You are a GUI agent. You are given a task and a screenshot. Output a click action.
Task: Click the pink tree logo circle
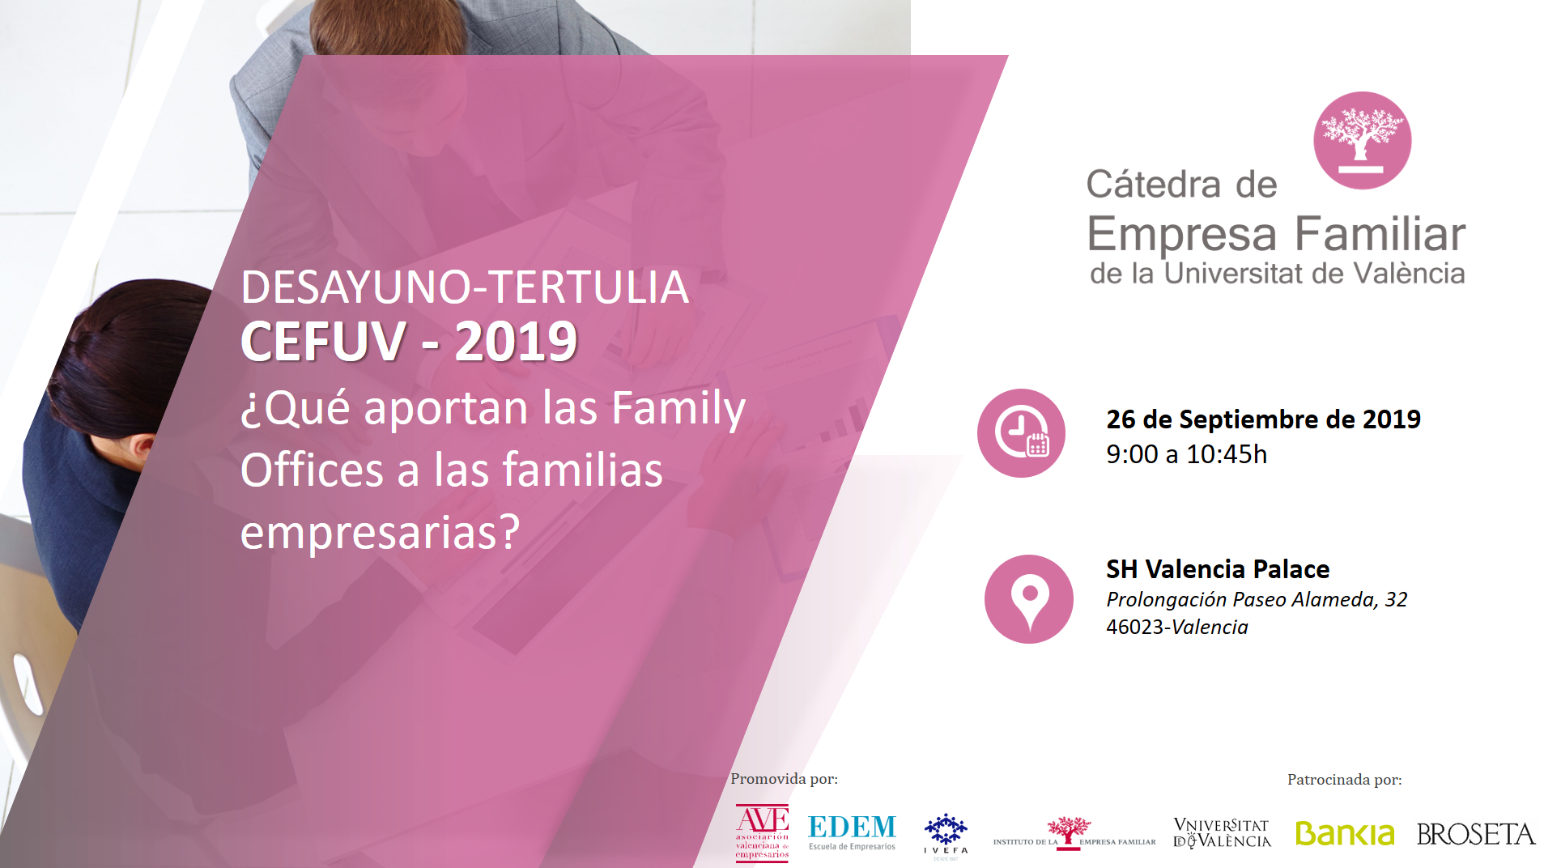[x=1362, y=140]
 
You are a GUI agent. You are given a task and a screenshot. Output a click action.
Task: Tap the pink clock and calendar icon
[x=1021, y=433]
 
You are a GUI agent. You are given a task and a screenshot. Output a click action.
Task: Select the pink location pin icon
[x=1029, y=599]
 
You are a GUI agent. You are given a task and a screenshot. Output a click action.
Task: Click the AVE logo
[x=762, y=832]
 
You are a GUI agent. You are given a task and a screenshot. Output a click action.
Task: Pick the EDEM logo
[x=852, y=832]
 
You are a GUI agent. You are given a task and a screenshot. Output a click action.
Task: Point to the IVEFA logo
[x=946, y=836]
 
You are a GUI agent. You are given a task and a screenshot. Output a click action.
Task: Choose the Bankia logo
[x=1345, y=833]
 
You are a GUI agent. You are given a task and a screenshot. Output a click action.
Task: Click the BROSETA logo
[x=1476, y=834]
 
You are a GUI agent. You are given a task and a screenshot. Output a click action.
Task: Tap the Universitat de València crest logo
[x=1222, y=833]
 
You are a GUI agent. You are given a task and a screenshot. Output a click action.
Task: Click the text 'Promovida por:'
[x=784, y=779]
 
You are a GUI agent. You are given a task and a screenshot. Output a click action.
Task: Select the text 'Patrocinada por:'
[x=1344, y=780]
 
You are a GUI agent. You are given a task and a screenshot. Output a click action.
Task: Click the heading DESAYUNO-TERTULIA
[x=465, y=287]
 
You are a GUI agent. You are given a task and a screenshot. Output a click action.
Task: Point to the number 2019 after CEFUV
[x=516, y=341]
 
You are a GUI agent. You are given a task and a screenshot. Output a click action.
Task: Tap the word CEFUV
[x=323, y=341]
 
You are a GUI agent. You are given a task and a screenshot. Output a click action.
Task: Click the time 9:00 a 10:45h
[x=1186, y=454]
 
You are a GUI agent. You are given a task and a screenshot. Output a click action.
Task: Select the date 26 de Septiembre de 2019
[x=1263, y=419]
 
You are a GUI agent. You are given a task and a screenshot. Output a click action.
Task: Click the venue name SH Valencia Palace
[x=1218, y=569]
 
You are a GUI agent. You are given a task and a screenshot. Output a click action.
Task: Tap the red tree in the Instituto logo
[x=1069, y=832]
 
